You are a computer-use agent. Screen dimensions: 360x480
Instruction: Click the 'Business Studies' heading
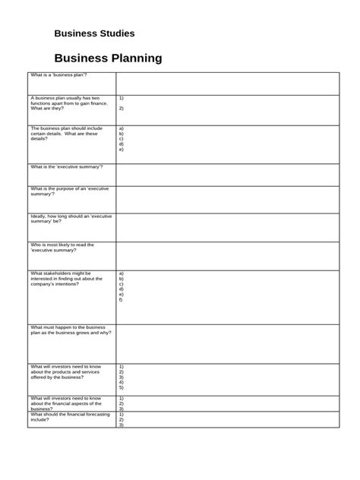click(94, 34)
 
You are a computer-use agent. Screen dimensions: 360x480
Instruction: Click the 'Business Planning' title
click(108, 58)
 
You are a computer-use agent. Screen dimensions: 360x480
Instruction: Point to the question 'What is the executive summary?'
click(67, 166)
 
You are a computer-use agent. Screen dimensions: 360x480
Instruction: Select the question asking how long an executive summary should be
click(71, 219)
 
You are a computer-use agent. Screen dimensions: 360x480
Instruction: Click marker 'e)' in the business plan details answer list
click(122, 150)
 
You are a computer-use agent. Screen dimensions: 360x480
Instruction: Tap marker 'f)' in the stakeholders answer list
click(122, 300)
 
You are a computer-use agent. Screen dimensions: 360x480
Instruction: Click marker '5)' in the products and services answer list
click(122, 387)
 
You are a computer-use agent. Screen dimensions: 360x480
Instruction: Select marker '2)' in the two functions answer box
click(122, 108)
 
